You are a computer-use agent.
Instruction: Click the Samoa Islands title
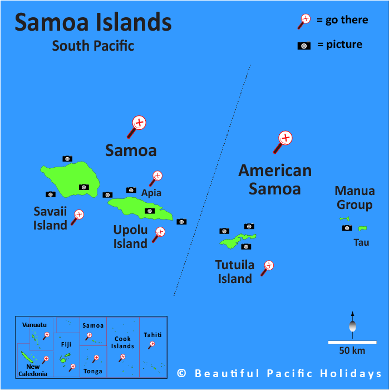(x=93, y=22)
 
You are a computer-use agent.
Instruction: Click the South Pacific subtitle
(x=93, y=46)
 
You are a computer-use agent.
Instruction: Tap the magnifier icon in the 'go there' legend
(x=304, y=20)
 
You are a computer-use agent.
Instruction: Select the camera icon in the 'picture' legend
(x=304, y=46)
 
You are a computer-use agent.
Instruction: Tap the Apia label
(x=151, y=193)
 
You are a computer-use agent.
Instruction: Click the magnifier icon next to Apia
(x=156, y=177)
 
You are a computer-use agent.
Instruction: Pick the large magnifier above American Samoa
(x=284, y=140)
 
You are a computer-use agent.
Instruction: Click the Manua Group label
(x=354, y=198)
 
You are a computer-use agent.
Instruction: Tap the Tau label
(x=361, y=242)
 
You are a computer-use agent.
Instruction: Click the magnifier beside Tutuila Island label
(x=268, y=267)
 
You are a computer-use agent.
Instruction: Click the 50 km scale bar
(x=352, y=342)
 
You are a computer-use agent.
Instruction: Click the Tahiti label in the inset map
(x=152, y=335)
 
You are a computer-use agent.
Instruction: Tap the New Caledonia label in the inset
(x=33, y=370)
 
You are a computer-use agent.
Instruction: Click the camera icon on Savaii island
(x=83, y=187)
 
